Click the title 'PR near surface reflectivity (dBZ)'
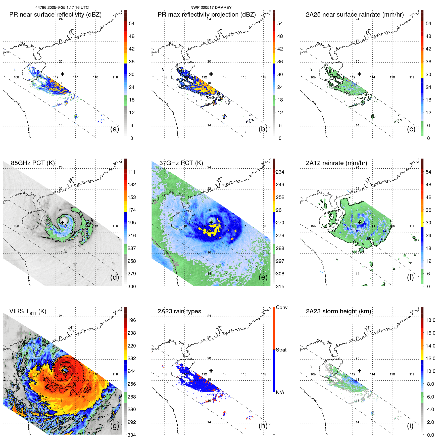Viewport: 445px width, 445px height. pyautogui.click(x=55, y=15)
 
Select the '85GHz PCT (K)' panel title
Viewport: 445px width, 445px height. pyautogui.click(x=33, y=163)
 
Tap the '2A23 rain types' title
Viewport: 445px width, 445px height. pyautogui.click(x=179, y=311)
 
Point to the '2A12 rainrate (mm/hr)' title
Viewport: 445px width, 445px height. pyautogui.click(x=336, y=163)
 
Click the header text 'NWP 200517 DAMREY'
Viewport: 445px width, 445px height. pyautogui.click(x=211, y=8)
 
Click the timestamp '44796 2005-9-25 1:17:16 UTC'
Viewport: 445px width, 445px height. pyautogui.click(x=62, y=8)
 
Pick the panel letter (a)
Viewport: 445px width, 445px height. pyautogui.click(x=115, y=129)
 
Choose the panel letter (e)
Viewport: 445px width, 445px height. pyautogui.click(x=263, y=277)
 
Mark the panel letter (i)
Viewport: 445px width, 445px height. pyautogui.click(x=410, y=426)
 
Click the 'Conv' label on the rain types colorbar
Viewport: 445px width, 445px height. pyautogui.click(x=281, y=307)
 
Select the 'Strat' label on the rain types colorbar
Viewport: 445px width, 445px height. pyautogui.click(x=281, y=350)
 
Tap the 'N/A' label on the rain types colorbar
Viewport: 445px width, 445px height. pyautogui.click(x=280, y=392)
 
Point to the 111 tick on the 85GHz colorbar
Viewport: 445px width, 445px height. pyautogui.click(x=131, y=172)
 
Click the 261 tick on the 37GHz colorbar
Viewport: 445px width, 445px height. pyautogui.click(x=280, y=210)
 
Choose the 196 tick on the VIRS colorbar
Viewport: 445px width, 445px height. pyautogui.click(x=131, y=320)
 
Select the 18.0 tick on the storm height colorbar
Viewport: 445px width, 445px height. pyautogui.click(x=430, y=320)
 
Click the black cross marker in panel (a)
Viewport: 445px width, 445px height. pyautogui.click(x=63, y=74)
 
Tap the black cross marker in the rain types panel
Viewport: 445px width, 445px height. pyautogui.click(x=211, y=371)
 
